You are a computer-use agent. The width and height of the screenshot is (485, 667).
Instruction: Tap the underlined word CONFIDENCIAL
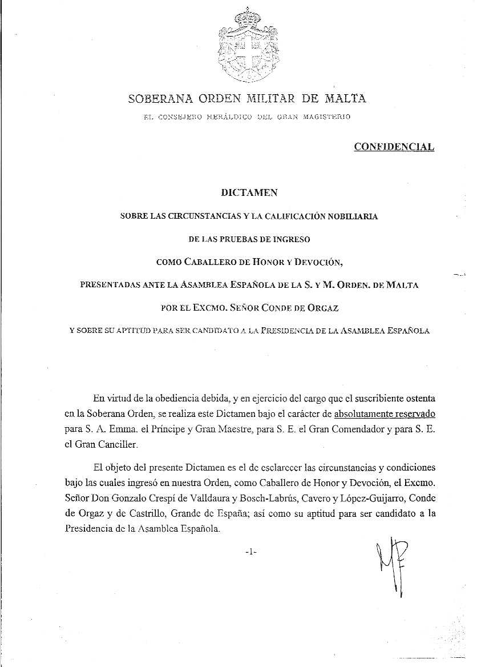click(x=394, y=147)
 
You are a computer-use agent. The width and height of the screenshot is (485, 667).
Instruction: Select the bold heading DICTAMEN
click(x=249, y=192)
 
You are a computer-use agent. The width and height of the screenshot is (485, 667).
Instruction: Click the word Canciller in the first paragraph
click(x=121, y=443)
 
